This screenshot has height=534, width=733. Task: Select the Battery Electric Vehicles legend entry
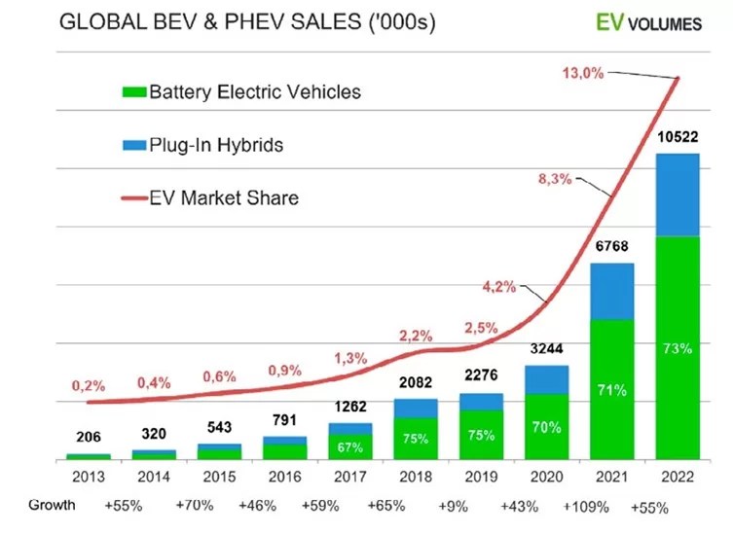click(240, 92)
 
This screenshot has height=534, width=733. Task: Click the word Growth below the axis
click(52, 505)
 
